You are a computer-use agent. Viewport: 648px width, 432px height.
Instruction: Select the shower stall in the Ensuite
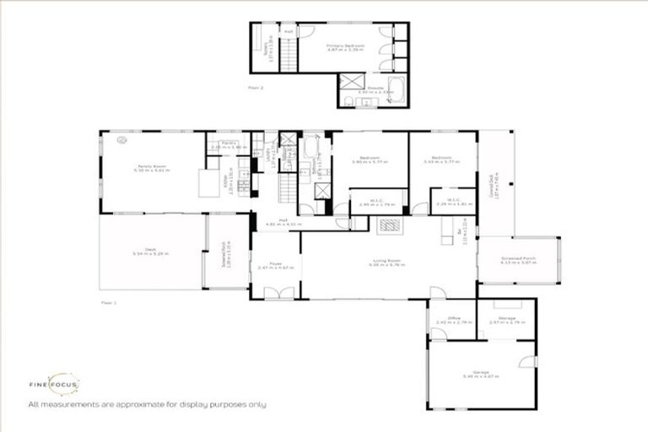[349, 83]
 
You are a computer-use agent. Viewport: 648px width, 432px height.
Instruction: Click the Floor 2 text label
[256, 87]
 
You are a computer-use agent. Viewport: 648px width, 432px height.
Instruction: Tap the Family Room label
[153, 168]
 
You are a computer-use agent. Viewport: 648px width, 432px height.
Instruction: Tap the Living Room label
[387, 262]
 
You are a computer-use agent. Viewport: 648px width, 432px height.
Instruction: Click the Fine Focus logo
[63, 385]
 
